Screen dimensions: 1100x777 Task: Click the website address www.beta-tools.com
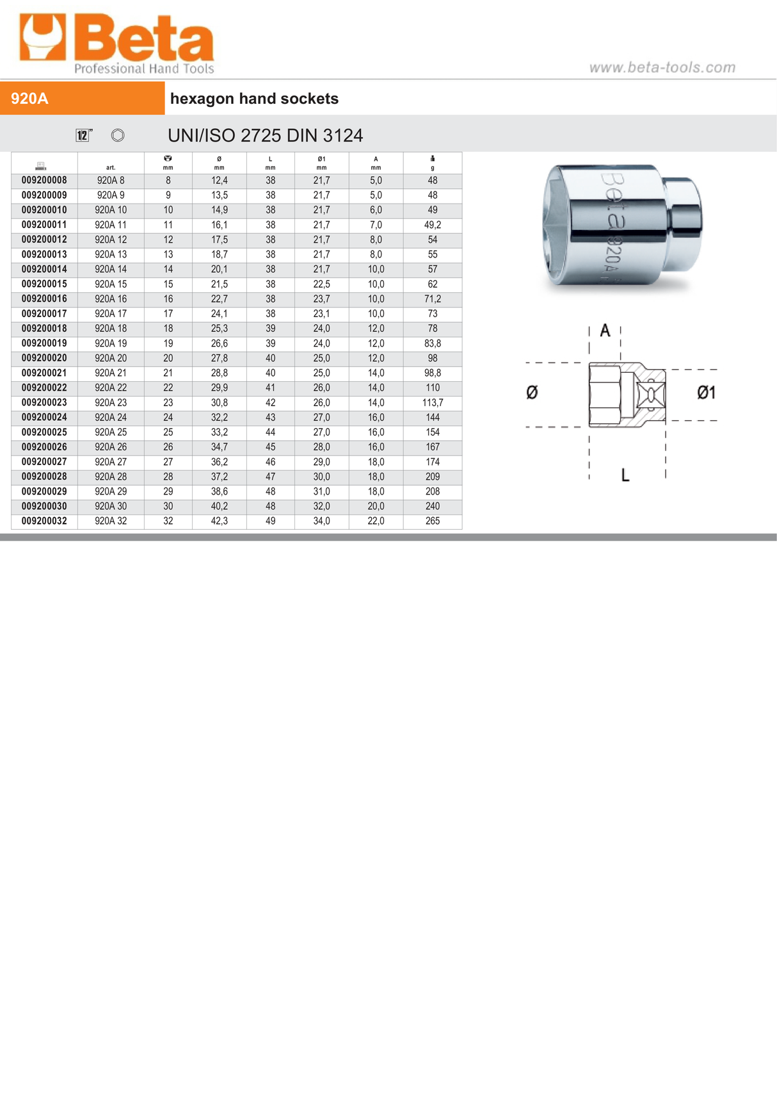coord(662,67)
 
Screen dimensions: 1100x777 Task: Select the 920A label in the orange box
coord(29,99)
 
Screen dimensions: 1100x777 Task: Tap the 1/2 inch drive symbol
coord(83,135)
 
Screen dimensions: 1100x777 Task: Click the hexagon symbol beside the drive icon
coord(118,135)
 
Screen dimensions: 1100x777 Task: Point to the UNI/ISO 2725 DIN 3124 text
coord(265,135)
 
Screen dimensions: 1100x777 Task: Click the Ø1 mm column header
coord(321,163)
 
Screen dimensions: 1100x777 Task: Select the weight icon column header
coord(432,163)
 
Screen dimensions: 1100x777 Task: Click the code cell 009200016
coord(44,299)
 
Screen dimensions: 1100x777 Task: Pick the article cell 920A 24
coord(111,417)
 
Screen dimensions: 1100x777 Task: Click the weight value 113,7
coord(432,402)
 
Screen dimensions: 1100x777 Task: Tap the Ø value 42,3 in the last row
coord(219,521)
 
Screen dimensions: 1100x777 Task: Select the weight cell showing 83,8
coord(432,343)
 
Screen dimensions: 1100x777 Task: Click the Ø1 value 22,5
coord(321,284)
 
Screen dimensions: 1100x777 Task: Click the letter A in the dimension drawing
coord(605,331)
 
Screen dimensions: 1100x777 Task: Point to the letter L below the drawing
coord(625,475)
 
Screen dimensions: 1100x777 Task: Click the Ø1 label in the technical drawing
coord(706,393)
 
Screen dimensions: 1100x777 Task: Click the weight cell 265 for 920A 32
coord(432,521)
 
